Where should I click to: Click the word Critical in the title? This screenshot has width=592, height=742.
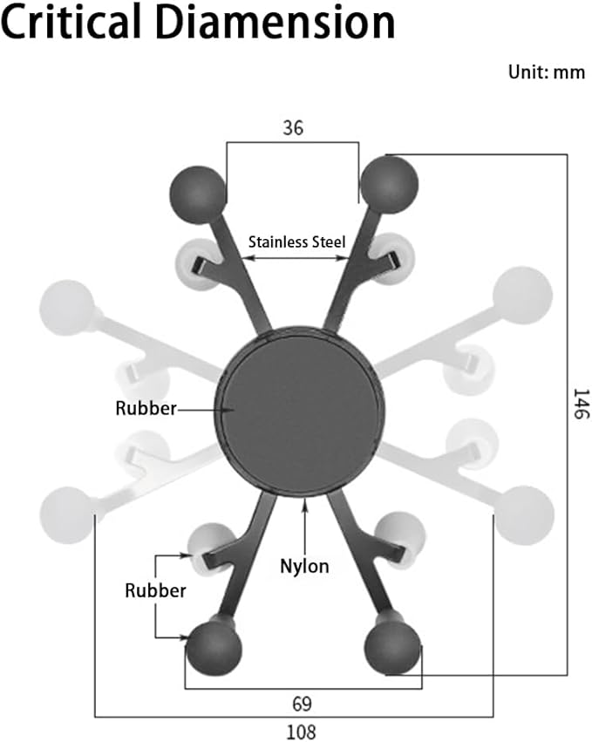71,21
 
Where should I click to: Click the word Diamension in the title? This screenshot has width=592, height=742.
275,21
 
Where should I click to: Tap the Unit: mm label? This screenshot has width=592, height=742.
547,71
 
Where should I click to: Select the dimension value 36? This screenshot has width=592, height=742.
293,128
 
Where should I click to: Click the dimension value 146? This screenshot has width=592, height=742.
582,404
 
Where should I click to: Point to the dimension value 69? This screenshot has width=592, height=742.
302,704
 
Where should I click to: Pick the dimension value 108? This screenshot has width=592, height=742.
301,732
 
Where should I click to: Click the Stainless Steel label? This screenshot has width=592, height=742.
297,242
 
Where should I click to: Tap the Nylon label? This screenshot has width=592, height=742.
304,567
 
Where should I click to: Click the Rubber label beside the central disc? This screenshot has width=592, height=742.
146,408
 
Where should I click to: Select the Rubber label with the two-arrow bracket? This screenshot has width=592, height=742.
155,590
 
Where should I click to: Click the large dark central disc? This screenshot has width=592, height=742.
300,411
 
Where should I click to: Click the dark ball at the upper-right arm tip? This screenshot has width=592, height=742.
390,185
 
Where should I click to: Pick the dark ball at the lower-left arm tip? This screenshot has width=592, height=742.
214,649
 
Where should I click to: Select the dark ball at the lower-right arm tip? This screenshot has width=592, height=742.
392,649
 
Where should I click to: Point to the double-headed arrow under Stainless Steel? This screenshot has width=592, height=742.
296,258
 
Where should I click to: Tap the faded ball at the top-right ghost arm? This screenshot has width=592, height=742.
522,296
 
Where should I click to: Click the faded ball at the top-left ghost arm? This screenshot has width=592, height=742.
67,308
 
